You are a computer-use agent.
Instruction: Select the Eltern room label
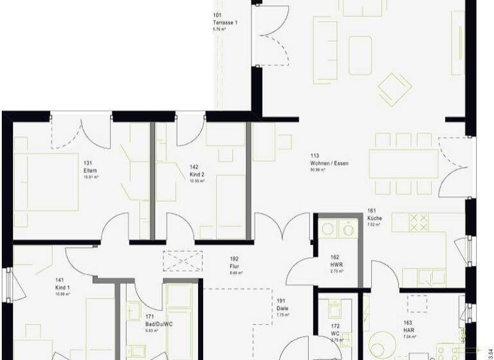(x=89, y=170)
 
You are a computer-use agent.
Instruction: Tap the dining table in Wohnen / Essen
(x=403, y=163)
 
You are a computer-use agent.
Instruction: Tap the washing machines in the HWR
(x=339, y=228)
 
